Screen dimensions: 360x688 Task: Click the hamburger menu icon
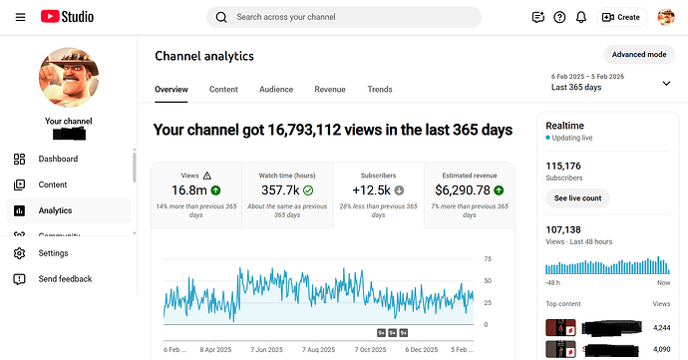[20, 17]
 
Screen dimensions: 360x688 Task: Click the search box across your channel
[344, 17]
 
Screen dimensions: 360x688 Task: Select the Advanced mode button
[639, 54]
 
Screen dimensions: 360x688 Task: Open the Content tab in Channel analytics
[223, 90]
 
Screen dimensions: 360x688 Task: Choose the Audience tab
[276, 90]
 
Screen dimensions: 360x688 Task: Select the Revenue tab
[330, 90]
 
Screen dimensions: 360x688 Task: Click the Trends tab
[380, 90]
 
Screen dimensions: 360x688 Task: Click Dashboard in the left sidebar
[58, 159]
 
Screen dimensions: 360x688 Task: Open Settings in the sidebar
[53, 253]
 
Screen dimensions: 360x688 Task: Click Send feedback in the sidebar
[65, 279]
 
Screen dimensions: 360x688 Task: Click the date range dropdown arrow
[666, 83]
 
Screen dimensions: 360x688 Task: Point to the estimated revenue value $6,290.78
[463, 189]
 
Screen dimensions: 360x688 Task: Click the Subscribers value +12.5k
[372, 189]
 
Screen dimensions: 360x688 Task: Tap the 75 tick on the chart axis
[487, 259]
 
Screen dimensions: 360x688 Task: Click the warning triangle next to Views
[206, 175]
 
